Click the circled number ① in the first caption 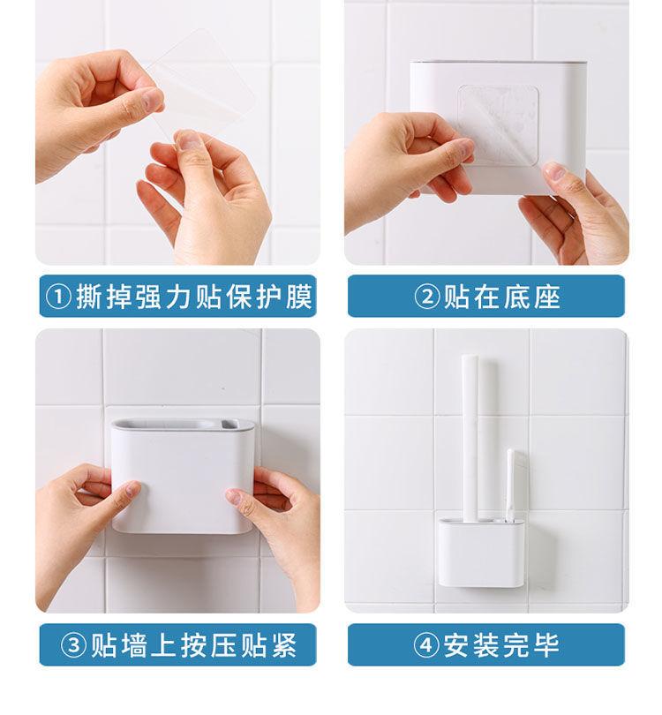click(58, 297)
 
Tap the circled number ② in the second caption click(427, 297)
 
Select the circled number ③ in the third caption click(74, 645)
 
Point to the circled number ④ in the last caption click(426, 645)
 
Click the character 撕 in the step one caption click(89, 297)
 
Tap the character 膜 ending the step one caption click(299, 297)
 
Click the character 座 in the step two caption click(547, 297)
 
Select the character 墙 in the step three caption click(134, 645)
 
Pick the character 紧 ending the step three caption click(284, 645)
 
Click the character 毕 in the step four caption click(546, 645)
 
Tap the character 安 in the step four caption click(457, 645)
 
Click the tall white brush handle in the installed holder click(470, 438)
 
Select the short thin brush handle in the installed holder click(511, 485)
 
